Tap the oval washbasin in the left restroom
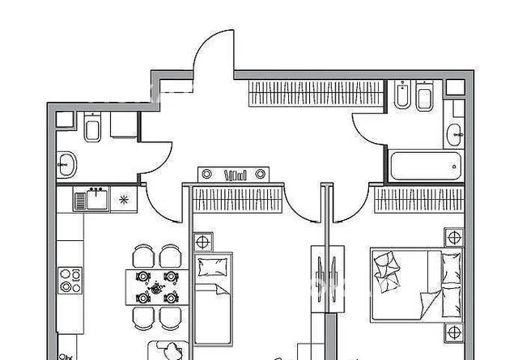(x=66, y=164)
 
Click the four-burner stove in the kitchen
(x=70, y=282)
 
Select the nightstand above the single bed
(x=202, y=242)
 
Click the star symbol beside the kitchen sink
(x=124, y=197)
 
